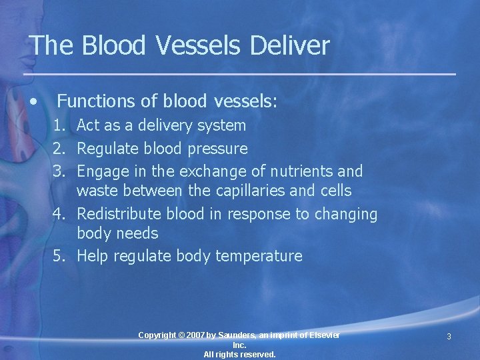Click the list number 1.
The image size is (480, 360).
[x=59, y=125]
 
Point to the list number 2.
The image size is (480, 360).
[x=59, y=149]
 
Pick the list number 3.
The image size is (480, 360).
[x=59, y=171]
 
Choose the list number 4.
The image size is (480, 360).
[x=59, y=214]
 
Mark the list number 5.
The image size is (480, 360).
[x=59, y=256]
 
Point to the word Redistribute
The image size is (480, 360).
[x=117, y=214]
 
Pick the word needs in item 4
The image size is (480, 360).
[x=137, y=234]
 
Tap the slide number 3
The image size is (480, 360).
[x=449, y=337]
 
